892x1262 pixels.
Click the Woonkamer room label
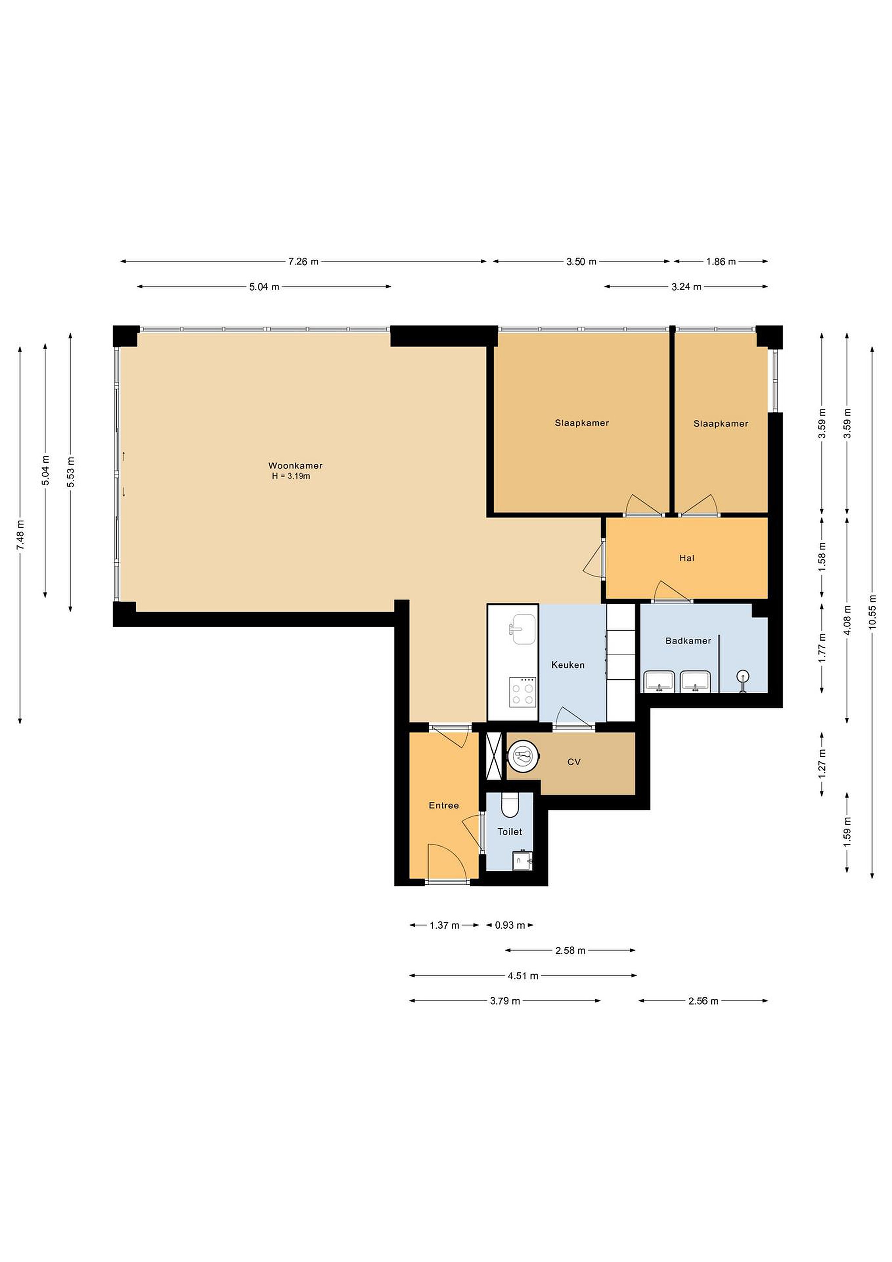[295, 465]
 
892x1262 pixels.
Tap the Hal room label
[687, 558]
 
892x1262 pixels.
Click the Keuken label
[568, 665]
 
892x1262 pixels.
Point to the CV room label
[574, 762]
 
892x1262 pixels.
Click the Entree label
[444, 805]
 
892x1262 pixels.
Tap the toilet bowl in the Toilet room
[510, 806]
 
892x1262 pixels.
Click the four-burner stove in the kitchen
[522, 691]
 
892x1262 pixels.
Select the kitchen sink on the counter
[522, 629]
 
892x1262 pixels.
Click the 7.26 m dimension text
[303, 262]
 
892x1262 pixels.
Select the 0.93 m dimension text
[510, 925]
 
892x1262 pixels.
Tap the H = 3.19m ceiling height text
[291, 476]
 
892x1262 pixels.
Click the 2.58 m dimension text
[570, 950]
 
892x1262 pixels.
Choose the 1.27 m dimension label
[822, 763]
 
